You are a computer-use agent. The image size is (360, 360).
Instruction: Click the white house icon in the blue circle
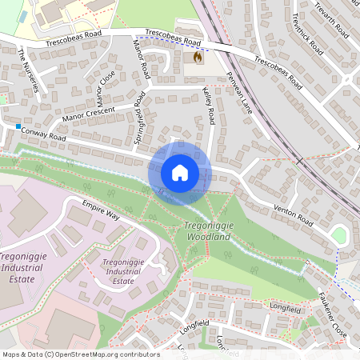[180, 172]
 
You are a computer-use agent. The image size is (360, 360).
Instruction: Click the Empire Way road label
[101, 211]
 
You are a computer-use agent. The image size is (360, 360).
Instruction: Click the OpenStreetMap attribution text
[80, 354]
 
